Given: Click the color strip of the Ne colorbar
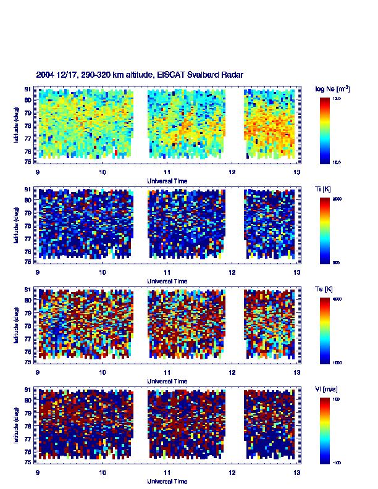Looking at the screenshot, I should [x=325, y=130].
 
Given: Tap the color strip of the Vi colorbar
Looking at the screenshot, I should [x=325, y=430].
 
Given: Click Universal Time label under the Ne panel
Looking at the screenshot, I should [x=167, y=181].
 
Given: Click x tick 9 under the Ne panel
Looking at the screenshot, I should [x=38, y=172].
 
